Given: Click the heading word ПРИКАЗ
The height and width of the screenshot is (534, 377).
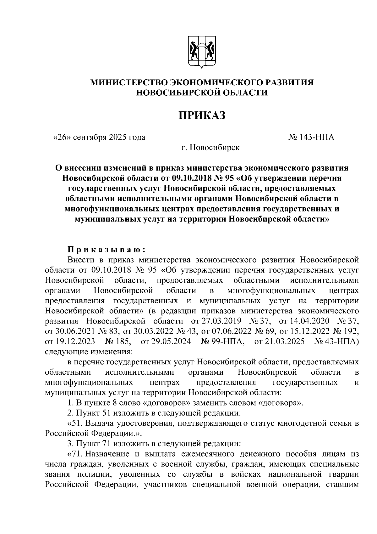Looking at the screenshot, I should [x=202, y=115].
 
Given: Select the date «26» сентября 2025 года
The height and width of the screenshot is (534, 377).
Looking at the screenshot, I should [x=99, y=137].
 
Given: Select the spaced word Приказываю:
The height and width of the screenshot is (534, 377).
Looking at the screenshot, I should [x=106, y=250].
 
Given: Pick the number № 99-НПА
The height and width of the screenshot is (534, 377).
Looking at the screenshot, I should [x=222, y=341].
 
